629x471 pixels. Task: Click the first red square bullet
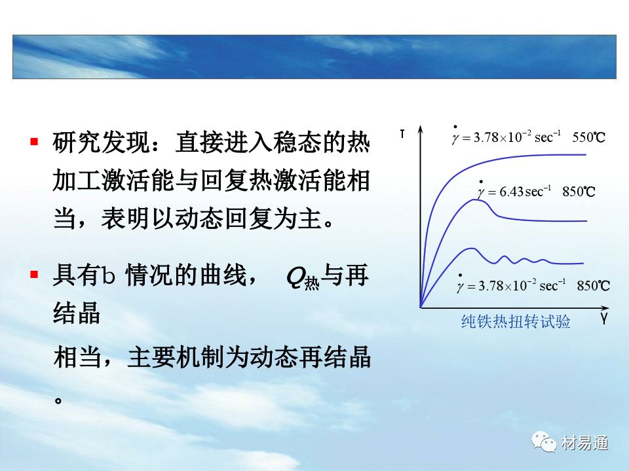[x=34, y=141]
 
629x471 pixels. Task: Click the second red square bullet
[x=34, y=274]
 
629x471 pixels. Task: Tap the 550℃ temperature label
[x=588, y=137]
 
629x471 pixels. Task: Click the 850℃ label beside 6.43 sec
[x=579, y=192]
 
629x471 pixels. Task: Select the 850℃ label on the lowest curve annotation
[x=594, y=286]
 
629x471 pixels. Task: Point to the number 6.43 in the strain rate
[x=511, y=192]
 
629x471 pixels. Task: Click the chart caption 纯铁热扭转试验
[x=516, y=322]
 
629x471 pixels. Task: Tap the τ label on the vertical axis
[x=402, y=134]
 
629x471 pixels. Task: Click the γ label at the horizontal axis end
[x=603, y=319]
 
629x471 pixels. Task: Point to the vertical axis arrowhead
[x=421, y=129]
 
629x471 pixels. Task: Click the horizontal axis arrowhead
[x=605, y=307]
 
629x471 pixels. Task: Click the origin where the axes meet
[x=421, y=307]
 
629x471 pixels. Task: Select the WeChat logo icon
[x=544, y=442]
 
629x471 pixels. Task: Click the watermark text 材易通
[x=584, y=443]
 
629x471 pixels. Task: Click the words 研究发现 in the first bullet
[x=101, y=142]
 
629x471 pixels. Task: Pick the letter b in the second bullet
[x=108, y=275]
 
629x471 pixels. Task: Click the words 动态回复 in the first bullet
[x=199, y=218]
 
